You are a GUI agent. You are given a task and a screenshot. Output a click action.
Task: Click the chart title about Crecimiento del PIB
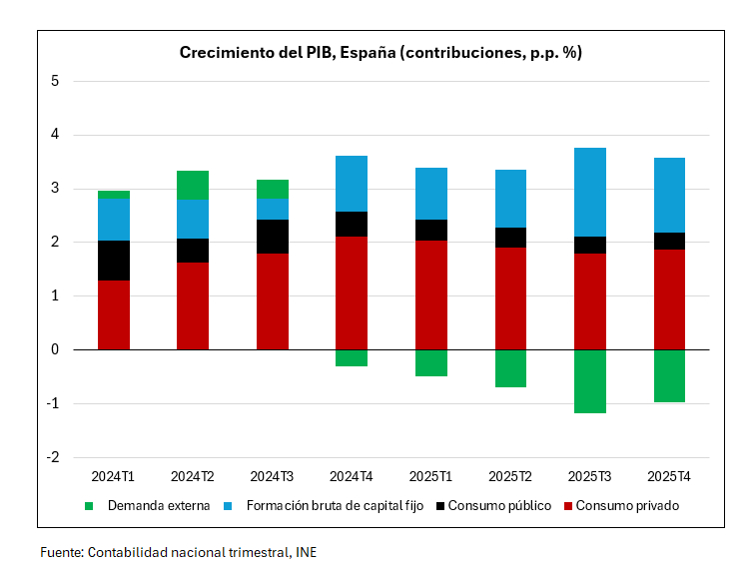380,53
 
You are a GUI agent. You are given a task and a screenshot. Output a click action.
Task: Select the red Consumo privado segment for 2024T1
114,314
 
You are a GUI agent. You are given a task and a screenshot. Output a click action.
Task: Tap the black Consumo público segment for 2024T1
114,261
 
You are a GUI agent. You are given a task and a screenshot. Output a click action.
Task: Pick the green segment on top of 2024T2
193,185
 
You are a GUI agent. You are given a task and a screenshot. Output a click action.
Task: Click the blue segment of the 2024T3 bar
273,209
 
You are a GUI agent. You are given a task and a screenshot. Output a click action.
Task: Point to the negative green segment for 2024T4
352,357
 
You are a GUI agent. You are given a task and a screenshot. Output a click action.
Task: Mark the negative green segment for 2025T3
589,380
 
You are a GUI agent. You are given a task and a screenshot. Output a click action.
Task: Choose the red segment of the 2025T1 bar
430,294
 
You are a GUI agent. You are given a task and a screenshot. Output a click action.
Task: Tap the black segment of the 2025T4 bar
668,241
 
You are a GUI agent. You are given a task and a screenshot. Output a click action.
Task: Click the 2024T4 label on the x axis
352,476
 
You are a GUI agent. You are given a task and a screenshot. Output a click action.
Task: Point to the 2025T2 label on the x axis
510,476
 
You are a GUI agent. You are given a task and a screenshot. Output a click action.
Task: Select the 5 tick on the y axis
56,81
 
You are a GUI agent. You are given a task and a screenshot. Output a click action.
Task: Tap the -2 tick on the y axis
54,457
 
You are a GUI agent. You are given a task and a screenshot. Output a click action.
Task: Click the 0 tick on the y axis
56,349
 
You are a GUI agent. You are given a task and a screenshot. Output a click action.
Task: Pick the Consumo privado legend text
627,506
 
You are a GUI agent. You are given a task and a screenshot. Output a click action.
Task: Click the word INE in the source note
306,551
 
